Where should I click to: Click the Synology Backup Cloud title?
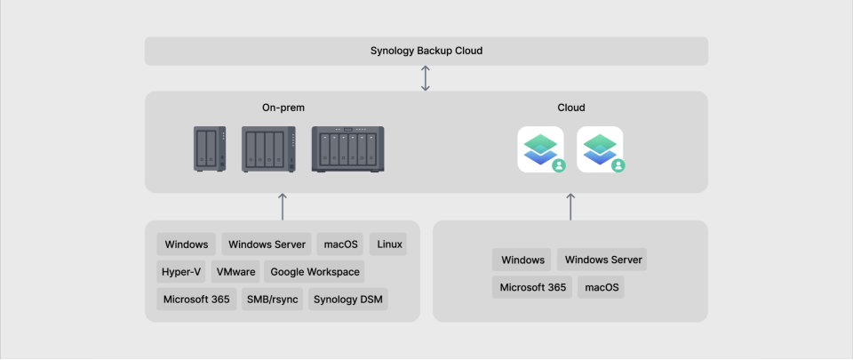click(426, 51)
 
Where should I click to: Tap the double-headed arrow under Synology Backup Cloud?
click(426, 78)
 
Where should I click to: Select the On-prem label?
click(283, 108)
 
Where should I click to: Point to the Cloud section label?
click(571, 108)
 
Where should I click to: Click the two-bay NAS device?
click(210, 149)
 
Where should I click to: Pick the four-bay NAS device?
click(268, 149)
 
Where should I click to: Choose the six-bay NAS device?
click(348, 149)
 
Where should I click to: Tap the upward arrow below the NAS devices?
click(283, 206)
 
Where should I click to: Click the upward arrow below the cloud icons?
click(570, 206)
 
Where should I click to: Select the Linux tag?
click(388, 244)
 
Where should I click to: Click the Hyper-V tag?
click(181, 272)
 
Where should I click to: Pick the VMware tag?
click(235, 272)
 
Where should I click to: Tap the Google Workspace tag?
click(315, 272)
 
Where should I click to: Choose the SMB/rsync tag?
click(273, 299)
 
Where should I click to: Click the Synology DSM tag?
click(348, 299)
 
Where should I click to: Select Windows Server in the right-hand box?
click(602, 260)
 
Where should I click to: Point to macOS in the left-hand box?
click(340, 244)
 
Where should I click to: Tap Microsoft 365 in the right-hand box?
click(532, 287)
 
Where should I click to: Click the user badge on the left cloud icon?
click(559, 165)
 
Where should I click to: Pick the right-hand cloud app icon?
click(600, 149)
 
